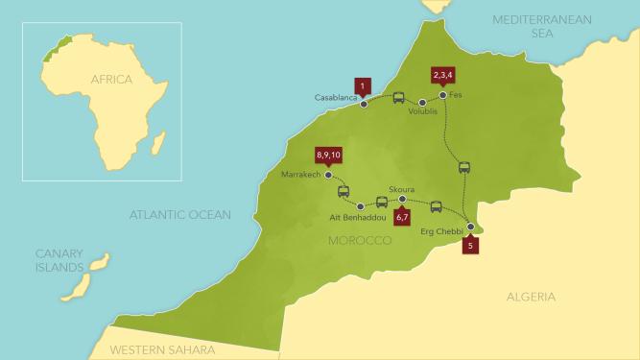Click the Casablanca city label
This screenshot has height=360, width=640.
(x=335, y=98)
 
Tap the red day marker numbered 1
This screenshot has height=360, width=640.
(x=362, y=85)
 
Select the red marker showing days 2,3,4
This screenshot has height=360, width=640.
(x=443, y=75)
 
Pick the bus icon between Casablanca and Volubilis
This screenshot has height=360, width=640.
(x=398, y=98)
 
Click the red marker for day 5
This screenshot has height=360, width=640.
(x=469, y=245)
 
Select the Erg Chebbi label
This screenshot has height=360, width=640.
(x=441, y=232)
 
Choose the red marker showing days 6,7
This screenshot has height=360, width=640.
(x=402, y=217)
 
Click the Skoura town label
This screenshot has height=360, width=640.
(x=402, y=189)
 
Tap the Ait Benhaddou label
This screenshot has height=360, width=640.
(x=360, y=219)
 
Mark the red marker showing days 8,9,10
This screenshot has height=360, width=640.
(x=328, y=155)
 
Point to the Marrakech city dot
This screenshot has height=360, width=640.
(x=328, y=176)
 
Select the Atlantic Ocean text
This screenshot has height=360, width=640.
(x=180, y=215)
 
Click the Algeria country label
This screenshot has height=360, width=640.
(x=531, y=298)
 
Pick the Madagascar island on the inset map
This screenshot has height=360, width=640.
(x=158, y=145)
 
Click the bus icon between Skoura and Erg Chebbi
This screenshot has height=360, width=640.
(x=436, y=205)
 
